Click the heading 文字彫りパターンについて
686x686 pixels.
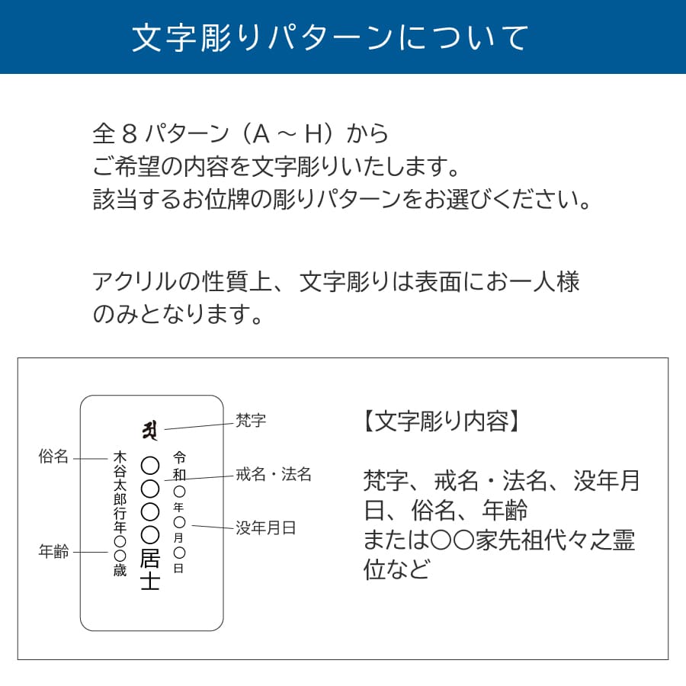coord(330,37)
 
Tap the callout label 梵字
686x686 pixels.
coord(251,421)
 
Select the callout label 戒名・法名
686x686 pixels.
coord(274,474)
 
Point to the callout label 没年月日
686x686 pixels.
coord(265,528)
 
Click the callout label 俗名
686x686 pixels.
coord(53,457)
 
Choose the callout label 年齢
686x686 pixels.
coord(53,551)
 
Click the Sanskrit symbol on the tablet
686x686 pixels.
coord(149,431)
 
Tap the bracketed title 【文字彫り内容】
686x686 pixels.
coord(442,422)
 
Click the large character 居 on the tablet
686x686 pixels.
coord(149,558)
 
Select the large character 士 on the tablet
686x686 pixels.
coord(149,581)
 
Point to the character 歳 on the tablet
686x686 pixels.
coord(120,570)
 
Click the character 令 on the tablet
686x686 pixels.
coord(179,457)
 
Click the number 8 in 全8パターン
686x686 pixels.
coord(130,133)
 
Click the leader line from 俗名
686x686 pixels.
coord(91,459)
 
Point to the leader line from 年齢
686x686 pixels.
coord(91,552)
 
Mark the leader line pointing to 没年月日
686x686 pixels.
coord(212,527)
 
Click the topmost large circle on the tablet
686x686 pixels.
coord(149,466)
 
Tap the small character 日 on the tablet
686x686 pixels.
coord(179,569)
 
